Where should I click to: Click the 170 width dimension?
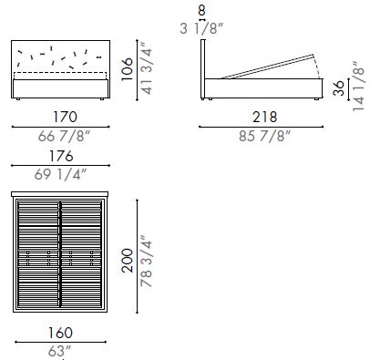pos(61,117)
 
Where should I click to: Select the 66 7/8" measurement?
pos(61,137)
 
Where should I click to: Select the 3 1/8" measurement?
pos(202,28)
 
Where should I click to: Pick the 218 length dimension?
pos(262,117)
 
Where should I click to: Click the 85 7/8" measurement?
pos(262,137)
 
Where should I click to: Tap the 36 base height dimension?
pos(340,87)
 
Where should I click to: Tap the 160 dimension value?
pos(61,332)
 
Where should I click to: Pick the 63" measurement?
pos(61,350)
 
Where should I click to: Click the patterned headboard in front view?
pos(62,57)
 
